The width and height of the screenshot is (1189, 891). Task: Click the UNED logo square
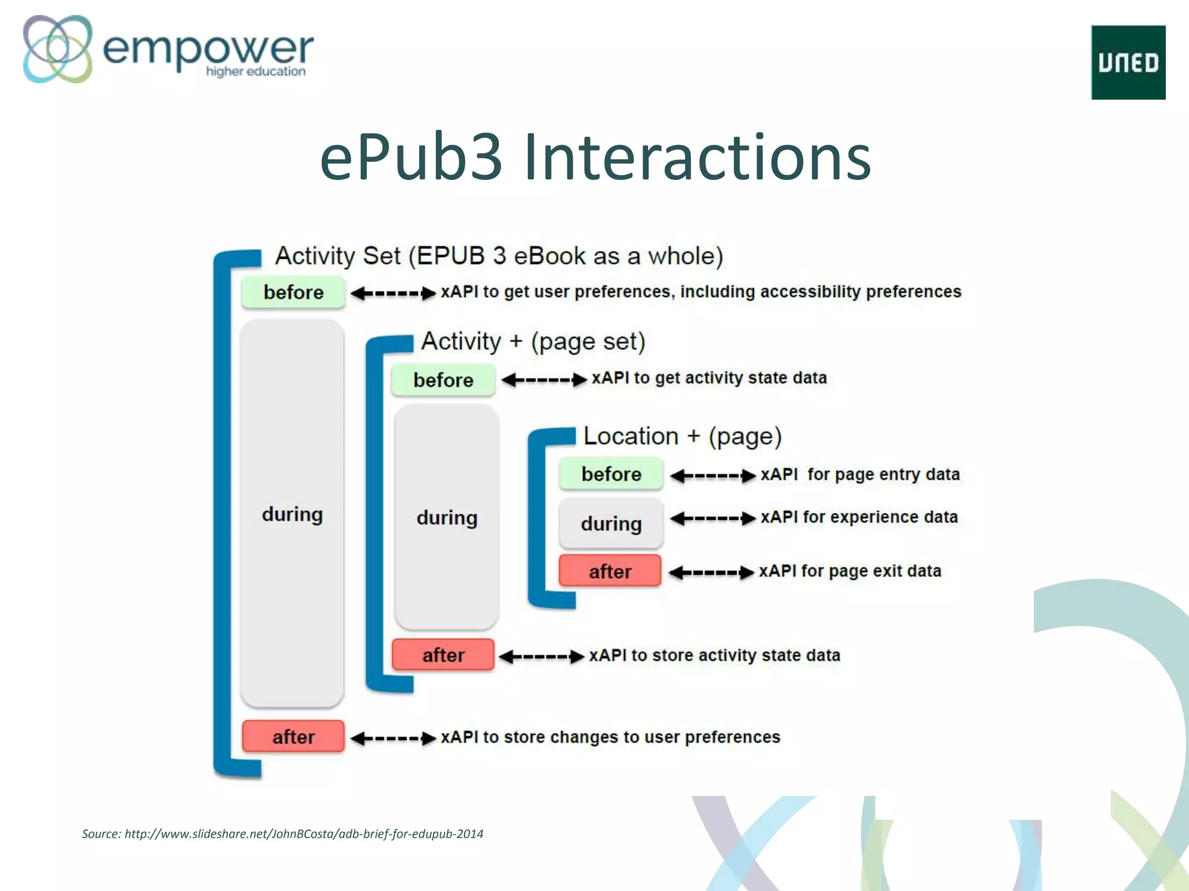click(1127, 63)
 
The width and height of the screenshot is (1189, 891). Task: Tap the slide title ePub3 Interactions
click(595, 157)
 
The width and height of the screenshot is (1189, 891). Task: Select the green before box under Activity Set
click(293, 292)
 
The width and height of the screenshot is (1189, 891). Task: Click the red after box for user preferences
click(293, 737)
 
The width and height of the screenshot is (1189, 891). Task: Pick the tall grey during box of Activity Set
click(292, 514)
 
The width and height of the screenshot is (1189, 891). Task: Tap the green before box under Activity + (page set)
click(443, 380)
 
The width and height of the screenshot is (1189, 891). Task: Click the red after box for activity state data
click(443, 655)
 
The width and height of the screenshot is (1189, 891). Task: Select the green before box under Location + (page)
click(611, 474)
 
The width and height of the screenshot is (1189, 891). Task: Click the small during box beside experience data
click(611, 523)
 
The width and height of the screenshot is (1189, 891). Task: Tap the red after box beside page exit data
click(610, 571)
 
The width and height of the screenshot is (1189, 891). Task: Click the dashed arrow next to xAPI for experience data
click(713, 518)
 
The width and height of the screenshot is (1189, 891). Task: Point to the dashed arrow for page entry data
click(713, 476)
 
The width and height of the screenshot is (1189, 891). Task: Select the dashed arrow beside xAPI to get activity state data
click(544, 380)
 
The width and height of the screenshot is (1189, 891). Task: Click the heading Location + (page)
click(682, 436)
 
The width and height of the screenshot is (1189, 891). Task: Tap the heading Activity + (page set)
click(533, 341)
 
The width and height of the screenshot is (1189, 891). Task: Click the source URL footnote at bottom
click(282, 834)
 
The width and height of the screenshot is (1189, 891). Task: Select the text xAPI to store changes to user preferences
click(610, 737)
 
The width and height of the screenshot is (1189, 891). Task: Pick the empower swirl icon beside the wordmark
click(57, 49)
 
